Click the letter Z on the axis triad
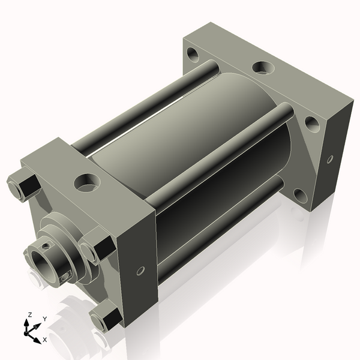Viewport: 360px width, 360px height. click(x=30, y=315)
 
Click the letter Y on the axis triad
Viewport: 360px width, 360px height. click(x=45, y=319)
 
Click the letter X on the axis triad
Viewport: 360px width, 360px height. click(x=45, y=340)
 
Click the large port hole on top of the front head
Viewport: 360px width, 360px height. click(x=87, y=183)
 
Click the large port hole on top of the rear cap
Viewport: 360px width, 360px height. click(x=263, y=67)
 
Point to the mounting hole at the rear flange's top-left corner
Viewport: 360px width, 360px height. click(x=193, y=55)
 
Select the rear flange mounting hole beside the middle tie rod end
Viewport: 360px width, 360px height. click(x=312, y=124)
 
